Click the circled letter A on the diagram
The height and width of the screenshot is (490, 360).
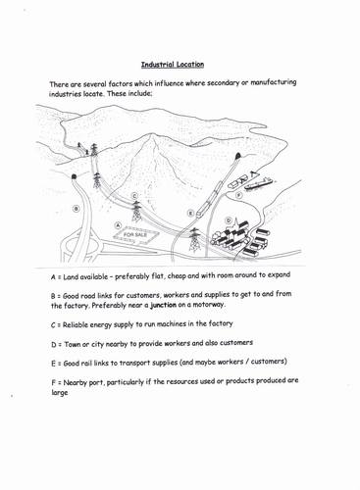[118, 225]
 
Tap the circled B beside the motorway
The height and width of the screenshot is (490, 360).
[76, 209]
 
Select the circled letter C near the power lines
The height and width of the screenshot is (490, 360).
[134, 196]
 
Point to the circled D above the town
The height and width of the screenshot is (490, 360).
[229, 220]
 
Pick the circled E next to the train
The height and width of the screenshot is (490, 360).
[190, 214]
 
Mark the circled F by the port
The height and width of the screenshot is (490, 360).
[238, 195]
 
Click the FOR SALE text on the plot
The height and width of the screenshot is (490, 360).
[135, 234]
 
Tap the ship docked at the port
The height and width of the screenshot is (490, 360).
[259, 184]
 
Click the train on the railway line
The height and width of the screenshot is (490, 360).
[209, 199]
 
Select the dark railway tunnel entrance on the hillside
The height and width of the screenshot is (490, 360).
[237, 156]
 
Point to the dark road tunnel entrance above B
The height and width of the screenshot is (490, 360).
[74, 176]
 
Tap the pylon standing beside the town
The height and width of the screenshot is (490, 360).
[194, 240]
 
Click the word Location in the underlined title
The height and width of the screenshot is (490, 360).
[188, 65]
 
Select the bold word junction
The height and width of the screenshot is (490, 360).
[163, 305]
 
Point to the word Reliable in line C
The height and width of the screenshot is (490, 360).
[75, 324]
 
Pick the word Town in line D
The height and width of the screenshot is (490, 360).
[72, 344]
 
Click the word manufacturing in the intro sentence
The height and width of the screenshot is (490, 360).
[274, 82]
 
